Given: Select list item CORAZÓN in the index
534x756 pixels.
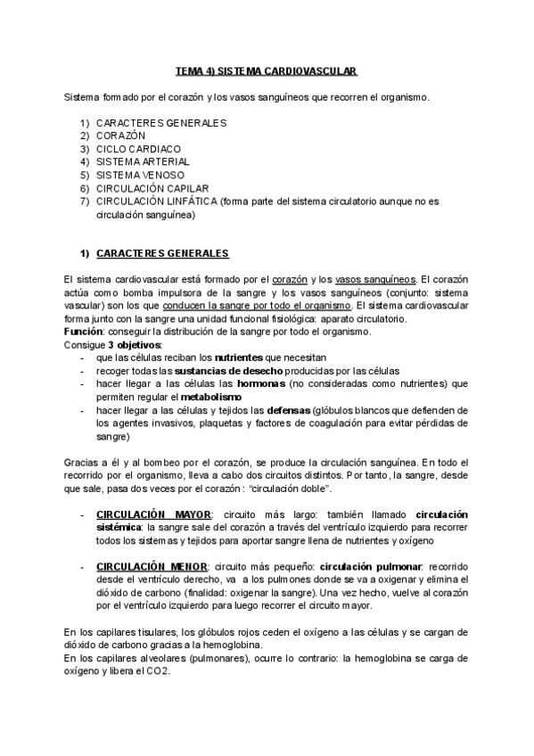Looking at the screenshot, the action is pos(120,136).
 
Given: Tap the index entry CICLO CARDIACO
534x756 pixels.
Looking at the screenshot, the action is pos(138,149).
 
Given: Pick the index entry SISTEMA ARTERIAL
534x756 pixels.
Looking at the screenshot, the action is pos(143,162).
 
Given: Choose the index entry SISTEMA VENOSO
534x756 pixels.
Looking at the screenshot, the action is pos(141,176).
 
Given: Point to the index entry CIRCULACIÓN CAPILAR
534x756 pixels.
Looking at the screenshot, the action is pos(152,189).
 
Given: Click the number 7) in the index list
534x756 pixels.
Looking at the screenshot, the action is pos(85,201).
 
